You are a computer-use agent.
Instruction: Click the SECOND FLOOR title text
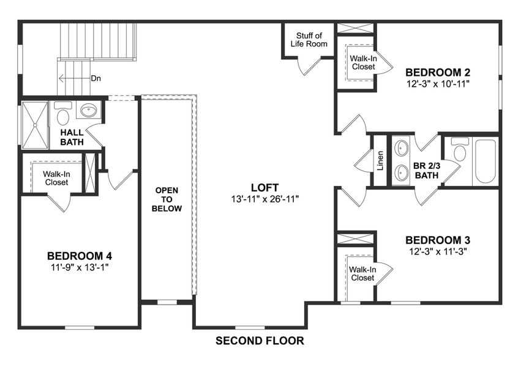260,341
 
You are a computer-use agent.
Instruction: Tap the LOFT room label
264,187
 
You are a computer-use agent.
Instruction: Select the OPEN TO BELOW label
167,199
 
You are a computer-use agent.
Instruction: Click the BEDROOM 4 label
80,256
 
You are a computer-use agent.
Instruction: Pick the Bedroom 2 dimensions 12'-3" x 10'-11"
437,82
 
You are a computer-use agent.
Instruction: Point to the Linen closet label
380,160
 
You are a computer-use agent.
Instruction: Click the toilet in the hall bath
62,113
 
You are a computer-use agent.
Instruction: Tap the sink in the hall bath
89,111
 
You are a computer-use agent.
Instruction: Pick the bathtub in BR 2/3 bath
485,161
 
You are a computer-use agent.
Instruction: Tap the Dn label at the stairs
96,78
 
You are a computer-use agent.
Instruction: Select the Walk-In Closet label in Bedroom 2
363,62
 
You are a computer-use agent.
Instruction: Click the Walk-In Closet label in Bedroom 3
361,273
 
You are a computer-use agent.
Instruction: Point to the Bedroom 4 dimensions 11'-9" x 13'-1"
80,267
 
